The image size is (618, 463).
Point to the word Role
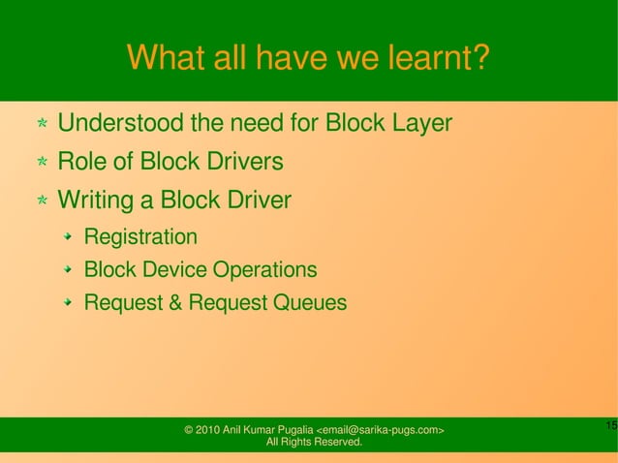[80, 162]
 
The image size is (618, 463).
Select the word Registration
[140, 237]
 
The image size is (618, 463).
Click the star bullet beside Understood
[43, 125]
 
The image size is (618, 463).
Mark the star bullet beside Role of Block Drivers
[43, 163]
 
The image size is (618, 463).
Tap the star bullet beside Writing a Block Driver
[43, 201]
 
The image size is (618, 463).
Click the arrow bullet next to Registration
[69, 237]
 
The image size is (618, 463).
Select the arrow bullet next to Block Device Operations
[69, 269]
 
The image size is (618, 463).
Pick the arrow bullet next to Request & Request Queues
[69, 303]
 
